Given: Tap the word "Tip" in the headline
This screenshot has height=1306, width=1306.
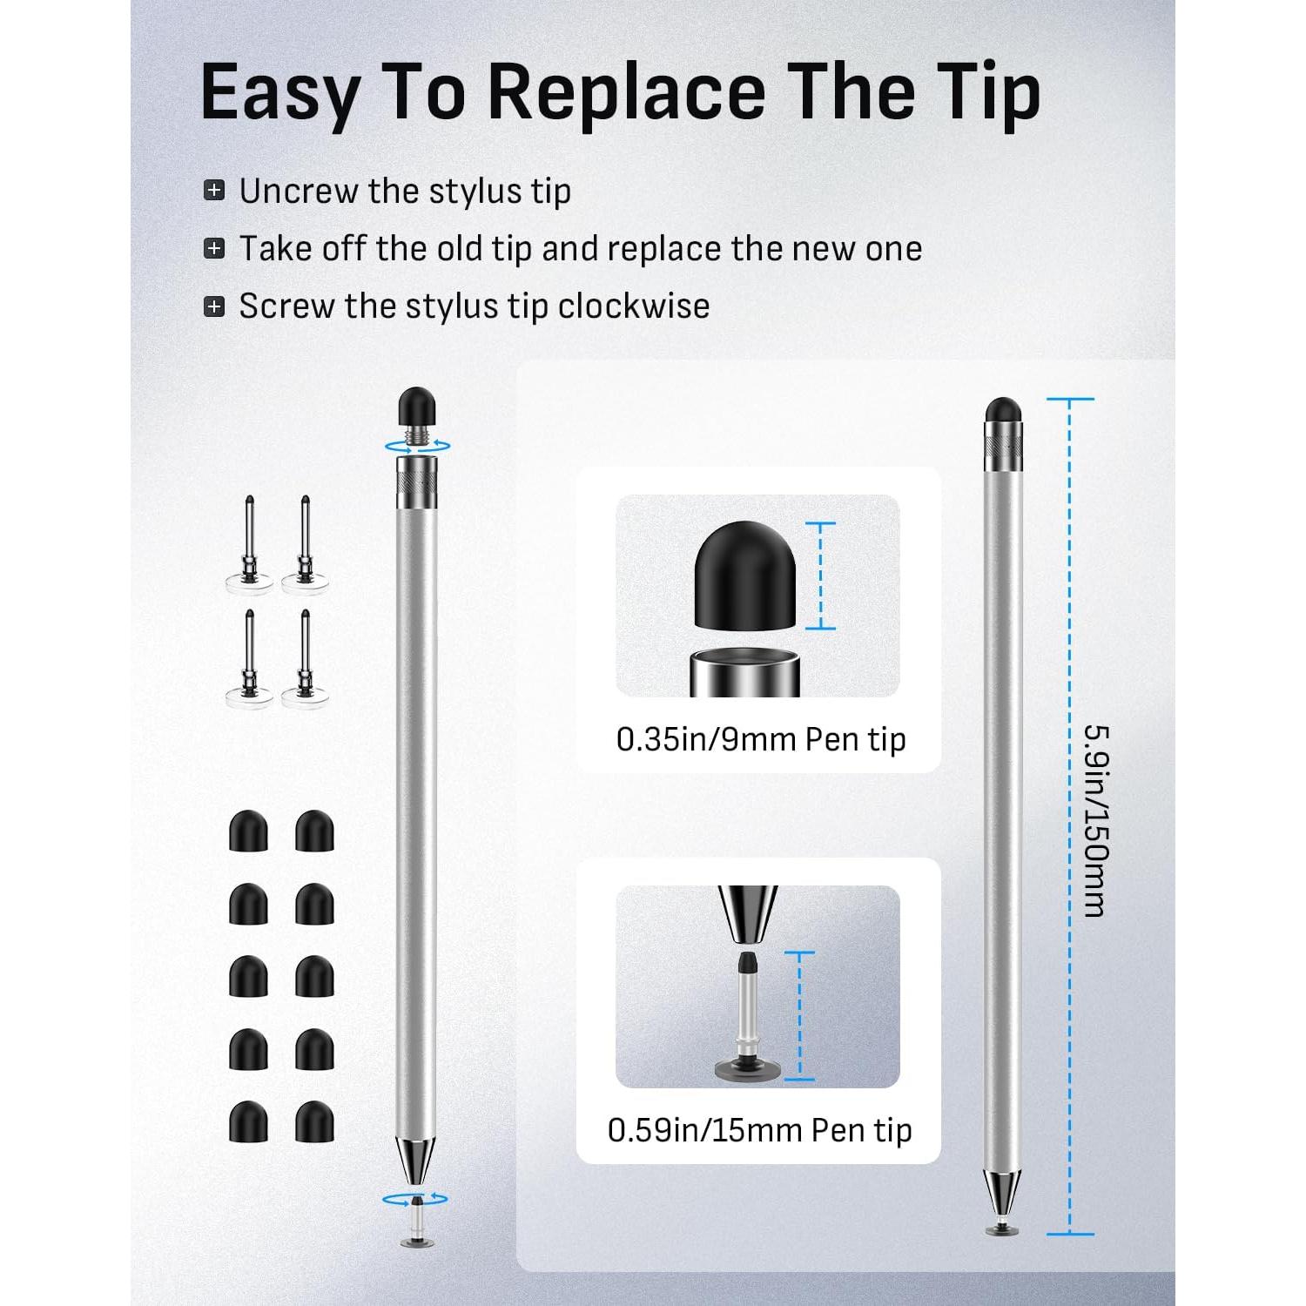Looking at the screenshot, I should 979,94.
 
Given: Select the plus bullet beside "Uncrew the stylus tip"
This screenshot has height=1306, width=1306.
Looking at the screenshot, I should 214,191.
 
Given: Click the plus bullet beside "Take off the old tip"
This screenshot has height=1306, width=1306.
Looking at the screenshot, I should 214,249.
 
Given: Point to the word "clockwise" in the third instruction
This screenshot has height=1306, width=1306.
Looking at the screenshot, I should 634,306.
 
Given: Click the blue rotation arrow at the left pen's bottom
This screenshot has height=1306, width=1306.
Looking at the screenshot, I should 415,1200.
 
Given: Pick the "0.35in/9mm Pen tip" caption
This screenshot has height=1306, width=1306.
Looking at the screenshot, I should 761,739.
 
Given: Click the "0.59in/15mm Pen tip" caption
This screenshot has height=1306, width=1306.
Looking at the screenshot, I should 759,1130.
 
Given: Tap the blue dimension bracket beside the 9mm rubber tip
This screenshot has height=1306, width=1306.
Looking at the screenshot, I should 820,576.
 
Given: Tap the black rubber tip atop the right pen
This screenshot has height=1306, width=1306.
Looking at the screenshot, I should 1004,408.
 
